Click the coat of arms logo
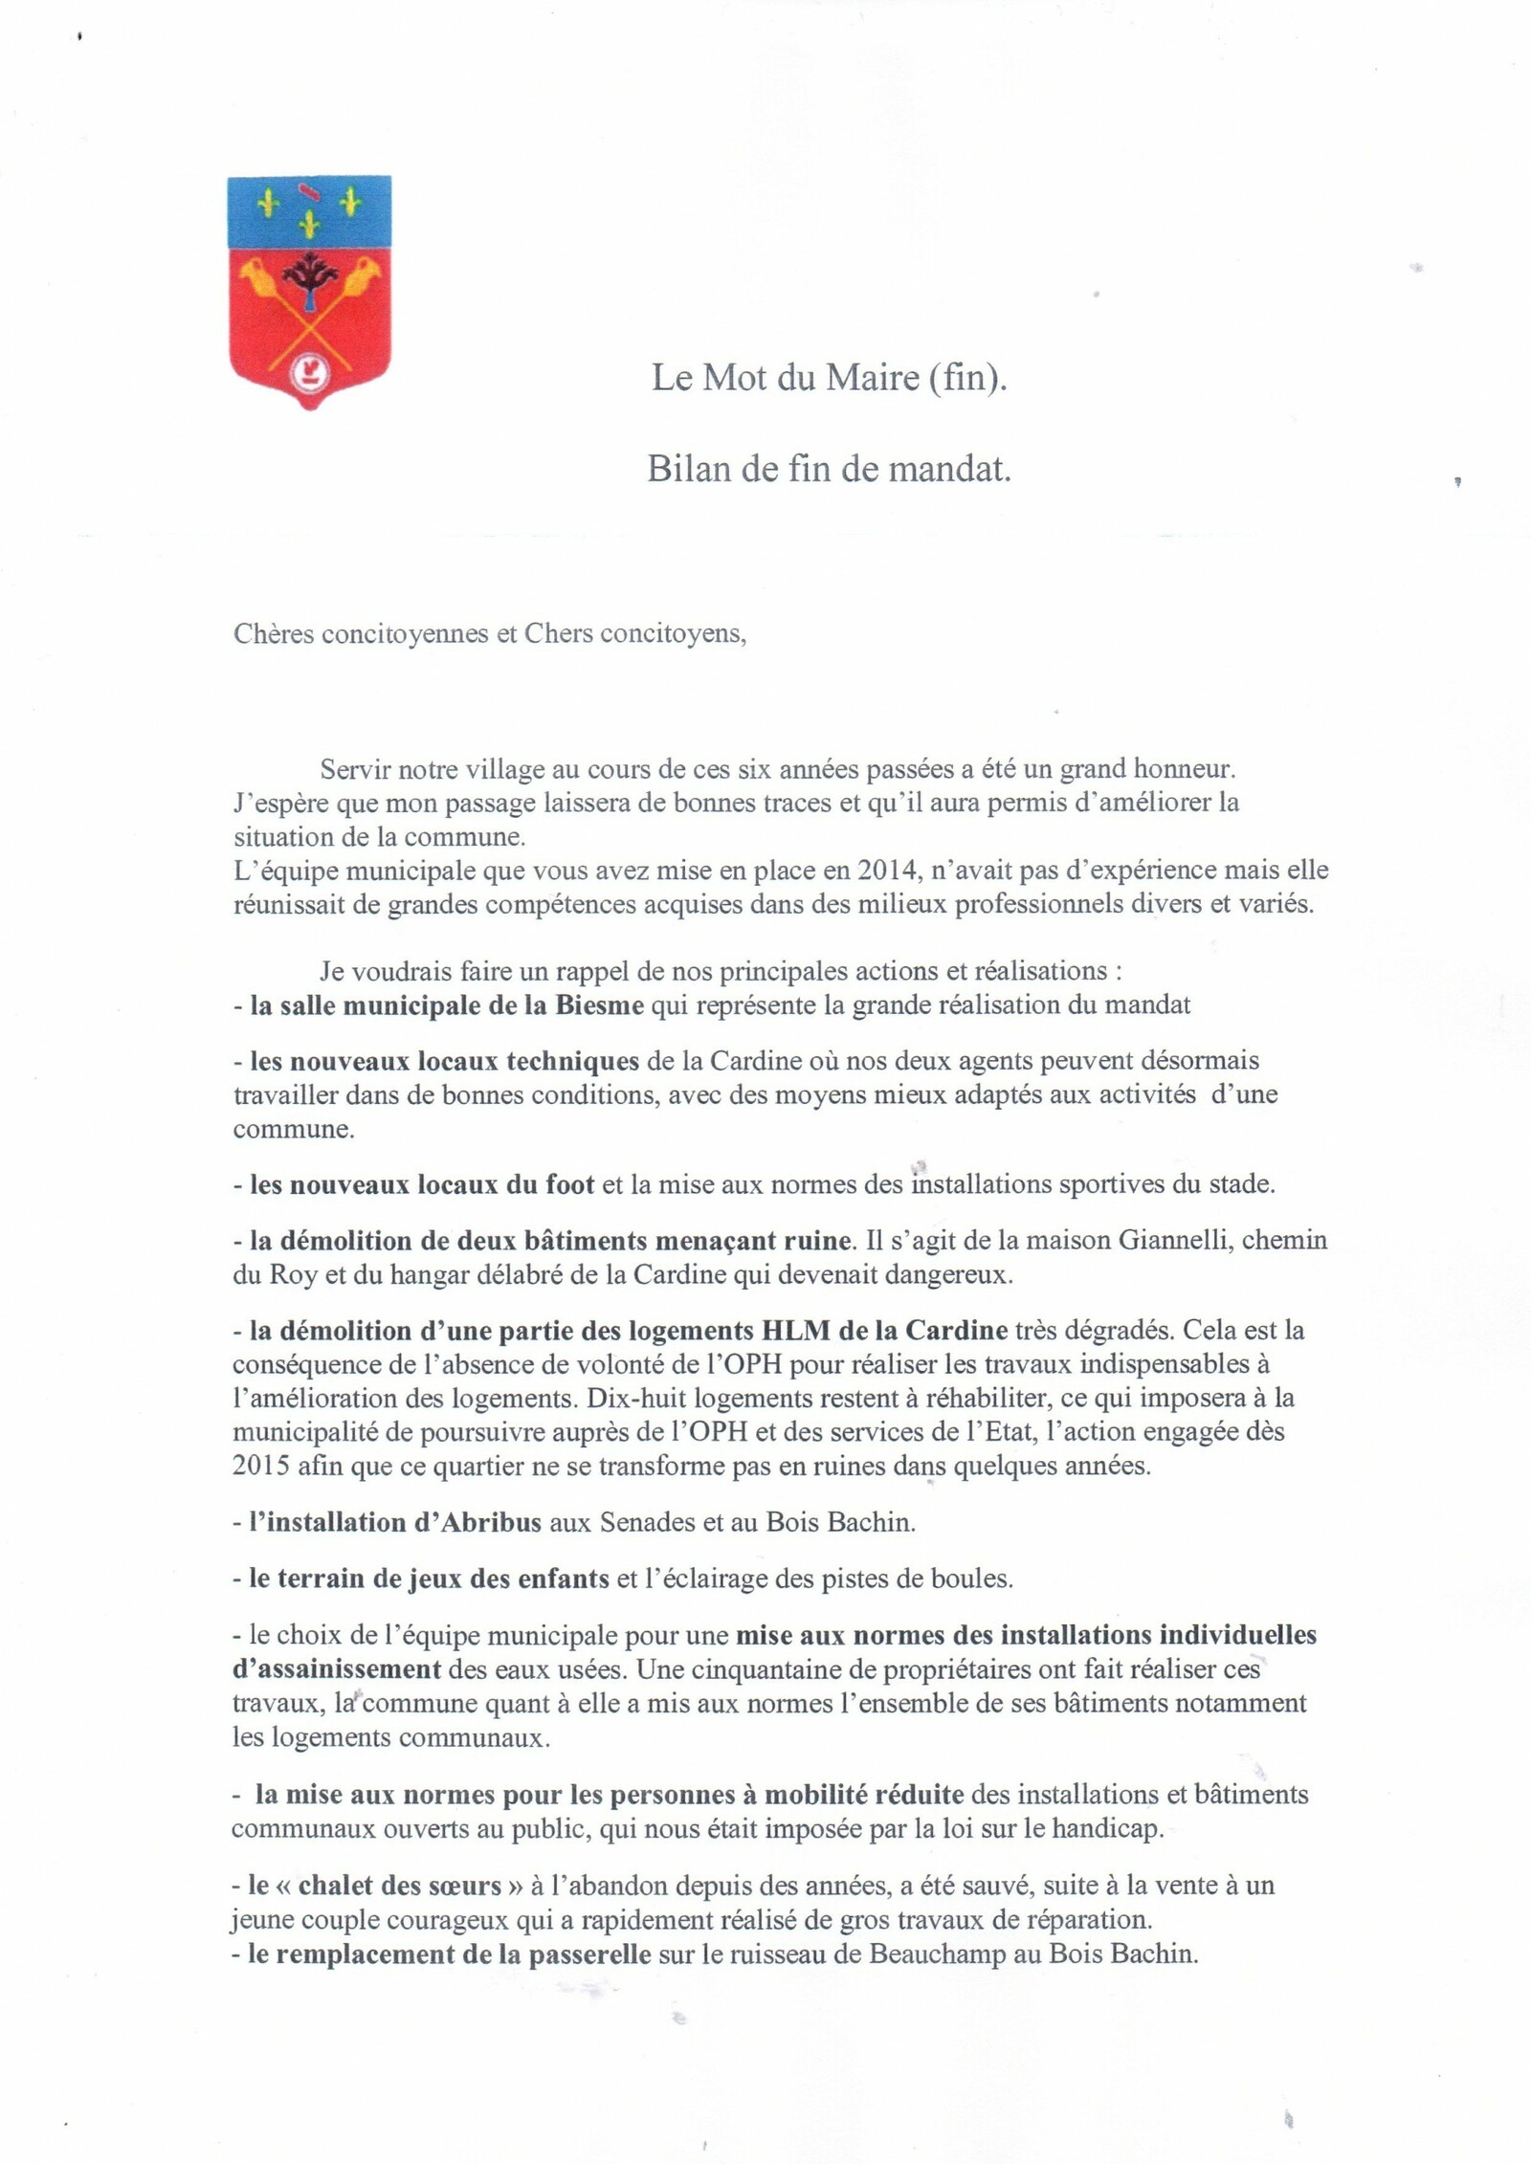tap(310, 292)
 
